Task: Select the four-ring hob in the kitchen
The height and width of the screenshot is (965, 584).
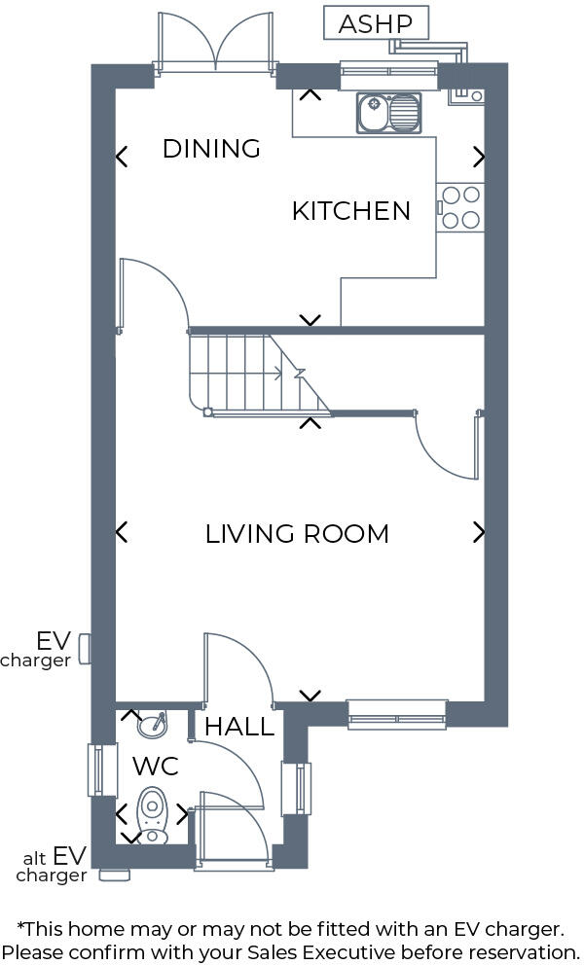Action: click(460, 207)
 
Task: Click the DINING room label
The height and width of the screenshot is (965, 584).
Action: click(211, 149)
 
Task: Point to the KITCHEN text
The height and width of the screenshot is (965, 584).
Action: click(350, 211)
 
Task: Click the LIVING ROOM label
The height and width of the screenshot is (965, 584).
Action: click(297, 534)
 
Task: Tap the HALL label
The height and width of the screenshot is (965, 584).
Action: click(238, 727)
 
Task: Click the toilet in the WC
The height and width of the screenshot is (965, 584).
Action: click(152, 813)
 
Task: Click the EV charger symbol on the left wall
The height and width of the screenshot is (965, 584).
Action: click(85, 648)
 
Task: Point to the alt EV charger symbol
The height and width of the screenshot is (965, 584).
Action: click(115, 875)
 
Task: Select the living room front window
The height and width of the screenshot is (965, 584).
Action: click(397, 714)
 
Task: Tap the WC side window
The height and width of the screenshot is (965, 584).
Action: click(96, 769)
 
